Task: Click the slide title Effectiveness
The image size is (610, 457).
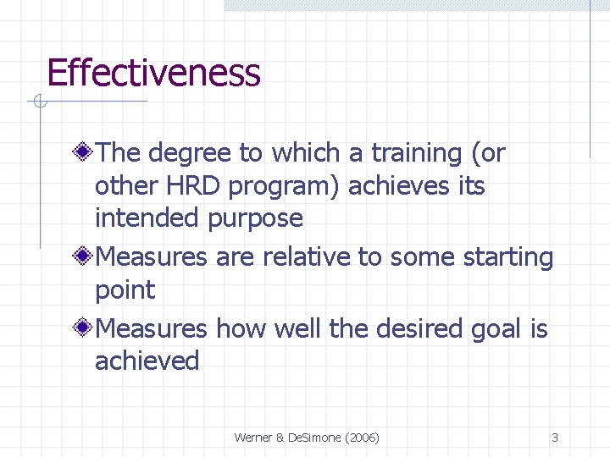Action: click(153, 73)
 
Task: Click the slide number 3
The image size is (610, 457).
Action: click(555, 438)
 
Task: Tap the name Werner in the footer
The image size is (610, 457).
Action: click(252, 438)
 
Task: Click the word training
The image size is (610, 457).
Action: click(414, 153)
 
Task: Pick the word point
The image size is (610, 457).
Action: click(125, 290)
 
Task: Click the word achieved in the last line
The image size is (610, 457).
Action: click(147, 361)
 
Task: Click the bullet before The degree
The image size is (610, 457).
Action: click(82, 153)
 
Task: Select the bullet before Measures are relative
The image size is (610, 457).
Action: click(82, 256)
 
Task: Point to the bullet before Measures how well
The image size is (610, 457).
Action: click(82, 328)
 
